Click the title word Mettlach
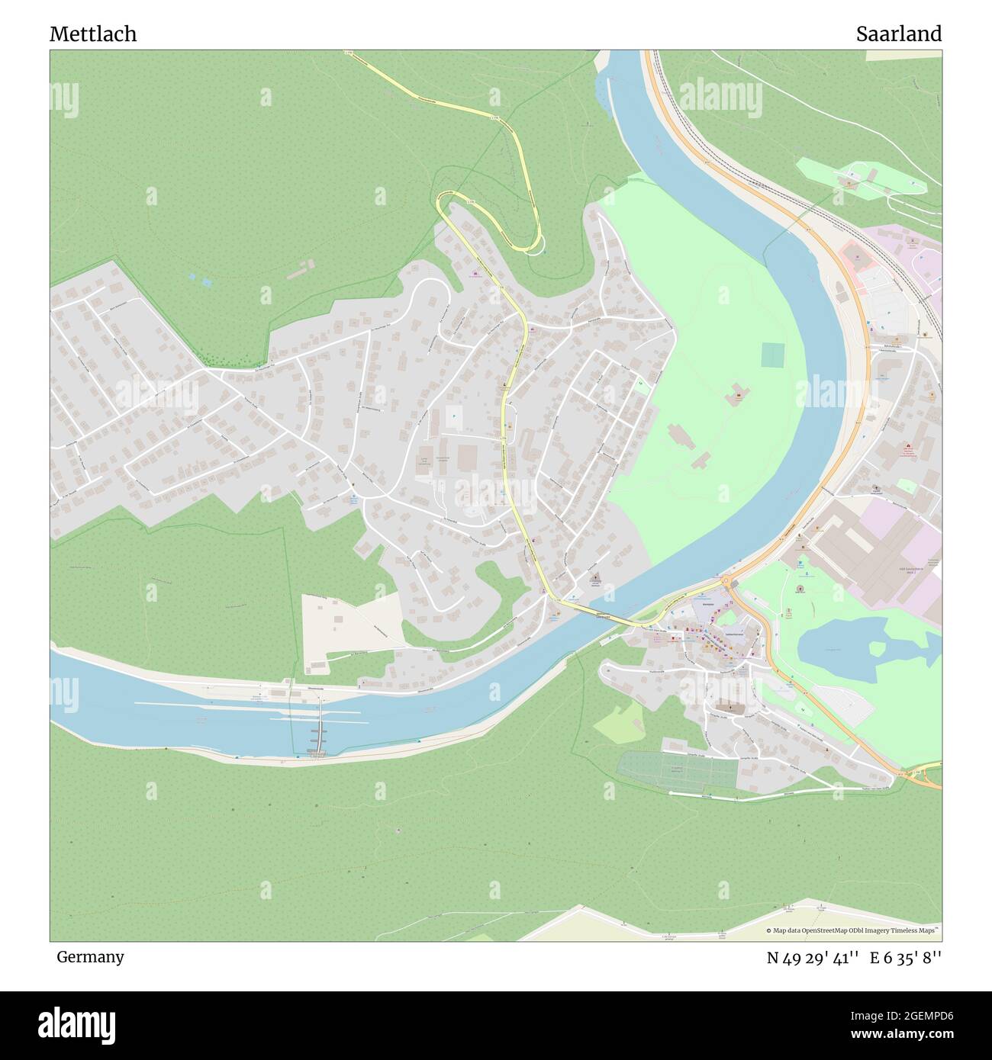click(x=93, y=34)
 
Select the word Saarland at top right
click(x=898, y=34)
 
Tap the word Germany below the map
click(x=90, y=956)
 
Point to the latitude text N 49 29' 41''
click(x=813, y=958)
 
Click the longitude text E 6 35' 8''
click(x=906, y=958)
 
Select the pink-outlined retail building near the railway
click(x=858, y=263)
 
